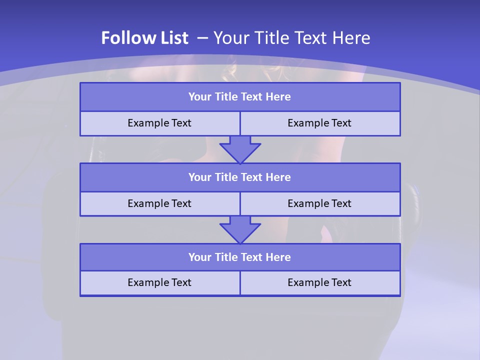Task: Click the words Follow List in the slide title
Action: point(144,38)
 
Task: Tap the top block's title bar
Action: point(240,97)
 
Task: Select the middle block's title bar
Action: point(240,177)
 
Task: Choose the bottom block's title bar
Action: point(240,257)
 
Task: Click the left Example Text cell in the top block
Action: point(159,123)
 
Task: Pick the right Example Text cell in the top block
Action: point(319,123)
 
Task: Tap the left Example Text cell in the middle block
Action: point(159,203)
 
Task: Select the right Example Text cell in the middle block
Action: point(319,203)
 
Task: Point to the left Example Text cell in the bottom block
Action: point(159,282)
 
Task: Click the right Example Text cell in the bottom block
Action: point(319,282)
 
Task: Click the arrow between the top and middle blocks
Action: point(240,149)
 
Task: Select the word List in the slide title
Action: point(172,38)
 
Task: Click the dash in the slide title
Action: point(202,38)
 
